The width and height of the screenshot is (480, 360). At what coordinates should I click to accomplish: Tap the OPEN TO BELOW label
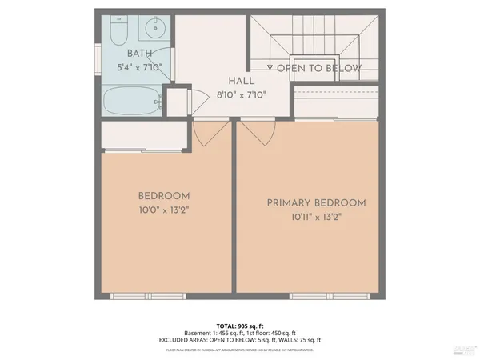tap(318, 69)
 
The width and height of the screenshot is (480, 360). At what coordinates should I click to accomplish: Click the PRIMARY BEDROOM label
tap(316, 203)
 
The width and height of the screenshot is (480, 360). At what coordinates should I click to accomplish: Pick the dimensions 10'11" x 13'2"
tap(316, 217)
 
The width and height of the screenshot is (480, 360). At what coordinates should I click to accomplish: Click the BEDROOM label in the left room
tap(163, 197)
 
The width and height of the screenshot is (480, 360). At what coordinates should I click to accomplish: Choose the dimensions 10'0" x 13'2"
tap(163, 210)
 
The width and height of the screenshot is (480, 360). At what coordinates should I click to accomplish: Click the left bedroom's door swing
tap(205, 136)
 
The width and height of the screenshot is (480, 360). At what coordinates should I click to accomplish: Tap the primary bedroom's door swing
tap(254, 134)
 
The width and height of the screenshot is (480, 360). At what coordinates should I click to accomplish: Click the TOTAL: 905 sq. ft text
tap(240, 326)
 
